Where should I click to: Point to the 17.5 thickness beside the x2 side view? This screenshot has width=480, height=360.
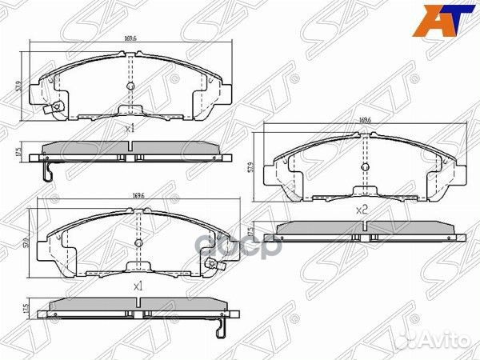pos(251,232)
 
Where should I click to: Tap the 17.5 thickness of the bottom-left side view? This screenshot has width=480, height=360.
pos(26,308)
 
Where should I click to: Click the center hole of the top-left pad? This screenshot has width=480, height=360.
pos(130,86)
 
